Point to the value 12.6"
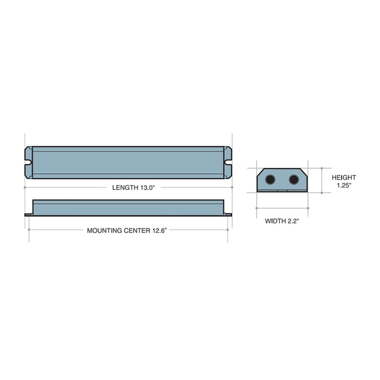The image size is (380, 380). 159,230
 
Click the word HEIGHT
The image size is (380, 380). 344,178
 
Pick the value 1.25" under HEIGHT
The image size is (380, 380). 344,185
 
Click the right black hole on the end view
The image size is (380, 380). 294,179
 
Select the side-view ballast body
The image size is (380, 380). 129,207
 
